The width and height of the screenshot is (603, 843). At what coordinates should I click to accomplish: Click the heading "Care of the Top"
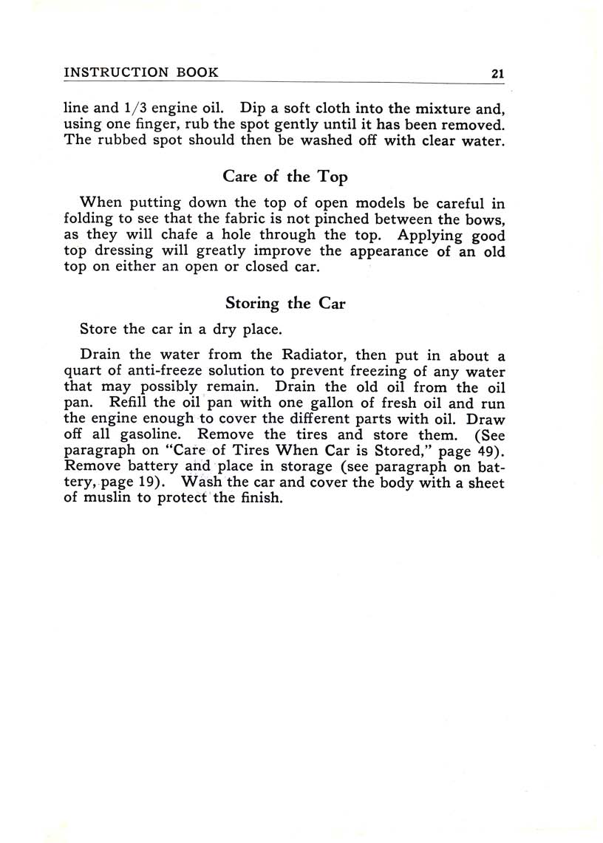(285, 177)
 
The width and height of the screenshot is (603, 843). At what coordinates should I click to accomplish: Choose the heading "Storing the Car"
(285, 304)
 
